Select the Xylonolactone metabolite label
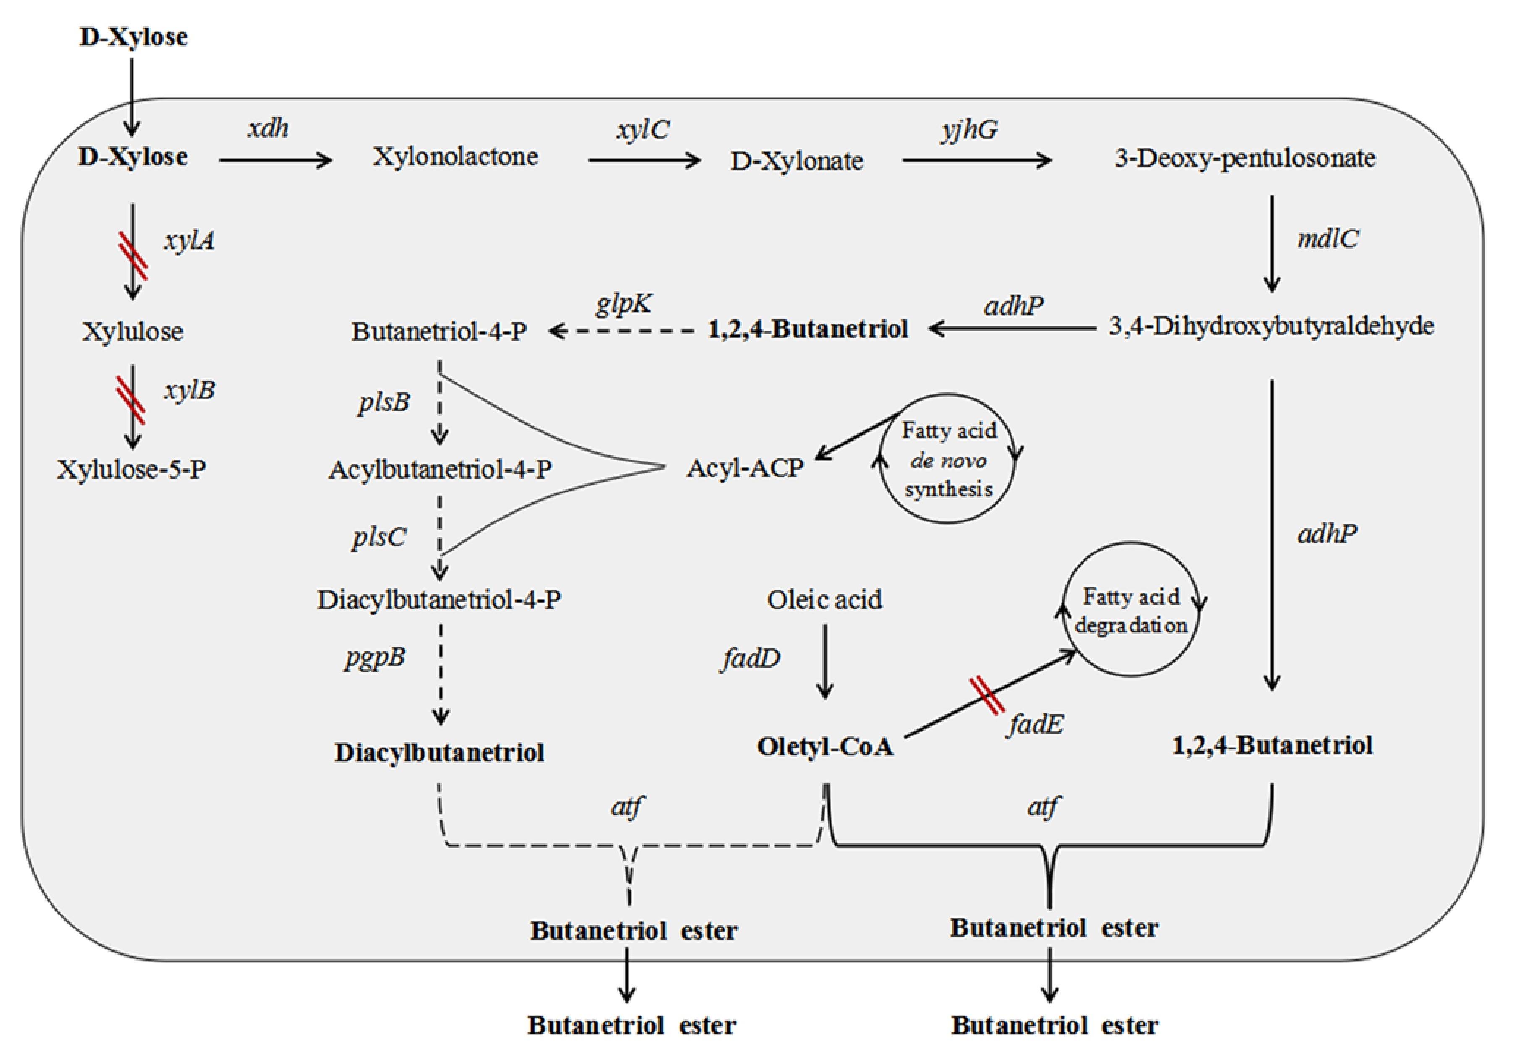pos(455,157)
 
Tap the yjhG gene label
pos(969,130)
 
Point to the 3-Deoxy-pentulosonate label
pos(1245,158)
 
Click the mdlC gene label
pos(1327,239)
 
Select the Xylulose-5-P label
pos(131,469)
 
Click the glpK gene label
pos(624,304)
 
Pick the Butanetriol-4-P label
pos(440,331)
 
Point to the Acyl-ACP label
pos(745,468)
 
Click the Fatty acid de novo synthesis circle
pos(947,460)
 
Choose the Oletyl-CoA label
pos(824,747)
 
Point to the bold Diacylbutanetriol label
pos(439,752)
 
